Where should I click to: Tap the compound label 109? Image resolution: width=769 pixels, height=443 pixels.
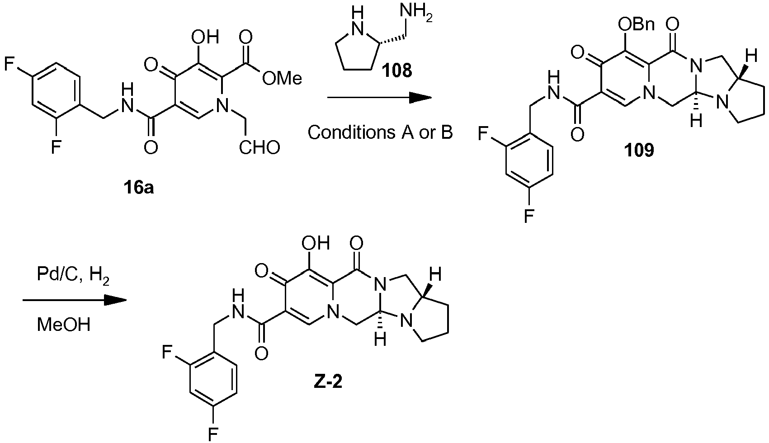point(640,150)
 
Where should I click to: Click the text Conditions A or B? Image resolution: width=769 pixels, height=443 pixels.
point(380,133)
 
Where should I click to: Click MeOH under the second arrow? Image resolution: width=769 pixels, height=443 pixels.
point(64,325)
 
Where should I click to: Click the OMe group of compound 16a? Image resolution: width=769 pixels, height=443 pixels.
point(281,79)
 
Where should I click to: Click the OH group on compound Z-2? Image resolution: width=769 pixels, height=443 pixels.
point(316,244)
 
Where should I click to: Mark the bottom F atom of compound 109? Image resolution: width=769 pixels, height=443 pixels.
point(528,216)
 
